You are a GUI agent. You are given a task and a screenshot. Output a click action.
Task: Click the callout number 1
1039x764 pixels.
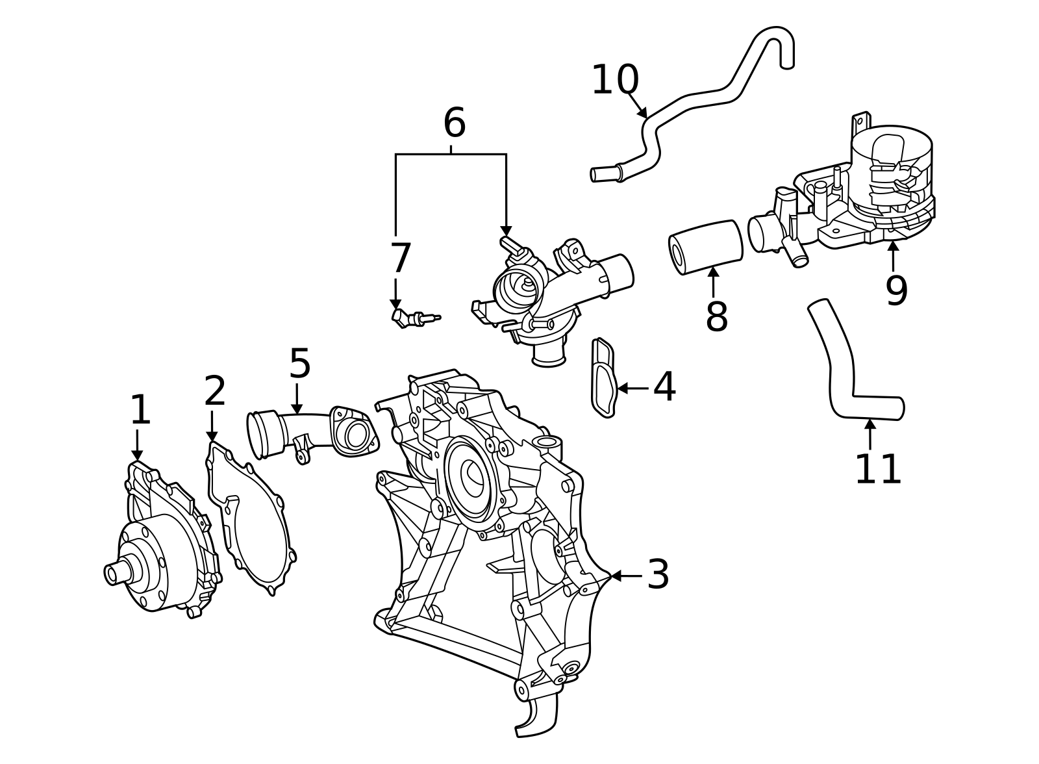click(140, 411)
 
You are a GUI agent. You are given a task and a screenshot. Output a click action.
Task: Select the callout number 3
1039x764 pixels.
click(658, 575)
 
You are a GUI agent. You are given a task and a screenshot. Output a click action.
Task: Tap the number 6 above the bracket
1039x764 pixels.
click(454, 123)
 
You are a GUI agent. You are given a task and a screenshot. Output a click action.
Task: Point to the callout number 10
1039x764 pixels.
click(615, 81)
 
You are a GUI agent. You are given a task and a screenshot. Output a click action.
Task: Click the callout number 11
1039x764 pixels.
click(878, 470)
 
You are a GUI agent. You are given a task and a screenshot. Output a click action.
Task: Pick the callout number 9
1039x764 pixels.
click(896, 291)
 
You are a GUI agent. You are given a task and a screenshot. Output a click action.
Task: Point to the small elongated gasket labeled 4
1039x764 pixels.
click(603, 377)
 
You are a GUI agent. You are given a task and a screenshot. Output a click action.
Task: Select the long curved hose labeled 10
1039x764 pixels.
click(701, 97)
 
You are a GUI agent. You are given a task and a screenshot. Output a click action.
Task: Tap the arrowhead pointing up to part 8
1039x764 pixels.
click(714, 273)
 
